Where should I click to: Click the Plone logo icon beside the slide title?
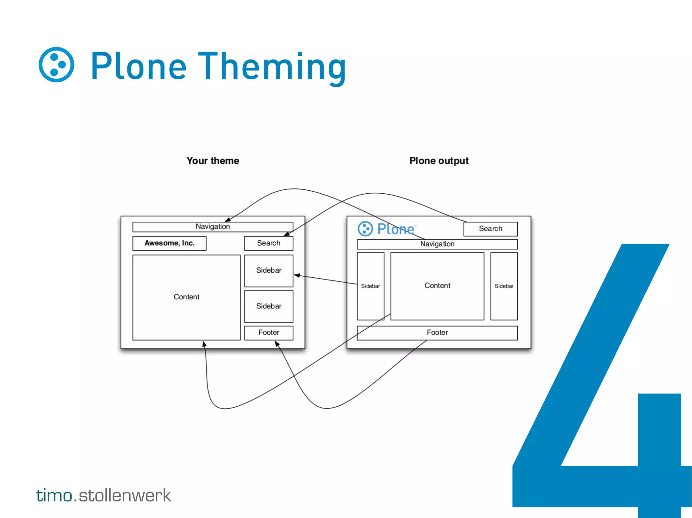(56, 65)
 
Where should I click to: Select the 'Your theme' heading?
(213, 161)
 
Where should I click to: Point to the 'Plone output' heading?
(439, 161)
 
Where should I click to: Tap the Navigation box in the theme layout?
(213, 227)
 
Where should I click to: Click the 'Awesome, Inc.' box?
(169, 243)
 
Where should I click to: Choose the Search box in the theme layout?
(269, 243)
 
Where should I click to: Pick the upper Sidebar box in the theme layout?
(269, 270)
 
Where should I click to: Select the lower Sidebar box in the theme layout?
(269, 306)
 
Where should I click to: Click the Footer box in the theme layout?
(269, 333)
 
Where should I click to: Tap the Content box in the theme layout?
(186, 297)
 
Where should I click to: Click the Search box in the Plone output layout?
(490, 229)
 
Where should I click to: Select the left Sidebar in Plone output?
(370, 286)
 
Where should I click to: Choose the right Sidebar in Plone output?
(504, 286)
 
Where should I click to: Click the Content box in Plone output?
(437, 286)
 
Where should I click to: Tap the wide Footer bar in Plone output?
(437, 333)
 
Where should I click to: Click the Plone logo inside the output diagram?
(386, 229)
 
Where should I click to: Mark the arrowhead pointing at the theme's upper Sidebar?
(297, 275)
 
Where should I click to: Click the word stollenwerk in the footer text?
(125, 495)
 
